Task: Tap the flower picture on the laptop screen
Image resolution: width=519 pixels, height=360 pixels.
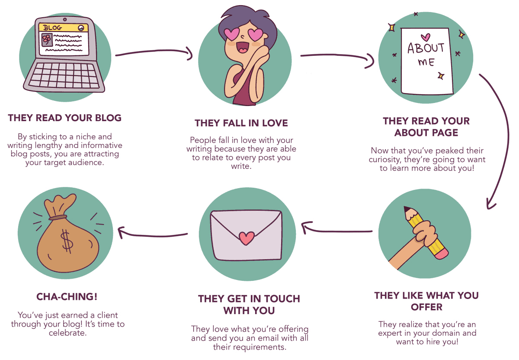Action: coord(46,40)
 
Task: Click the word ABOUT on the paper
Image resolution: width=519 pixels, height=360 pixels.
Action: coord(426,48)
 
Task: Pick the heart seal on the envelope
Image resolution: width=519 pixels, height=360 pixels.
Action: coord(247,237)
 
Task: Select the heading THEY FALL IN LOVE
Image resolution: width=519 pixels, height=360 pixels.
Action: coord(241,123)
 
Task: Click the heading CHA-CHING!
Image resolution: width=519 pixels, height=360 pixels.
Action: coord(67,297)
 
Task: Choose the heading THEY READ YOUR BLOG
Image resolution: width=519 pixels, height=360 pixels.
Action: coord(64,118)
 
